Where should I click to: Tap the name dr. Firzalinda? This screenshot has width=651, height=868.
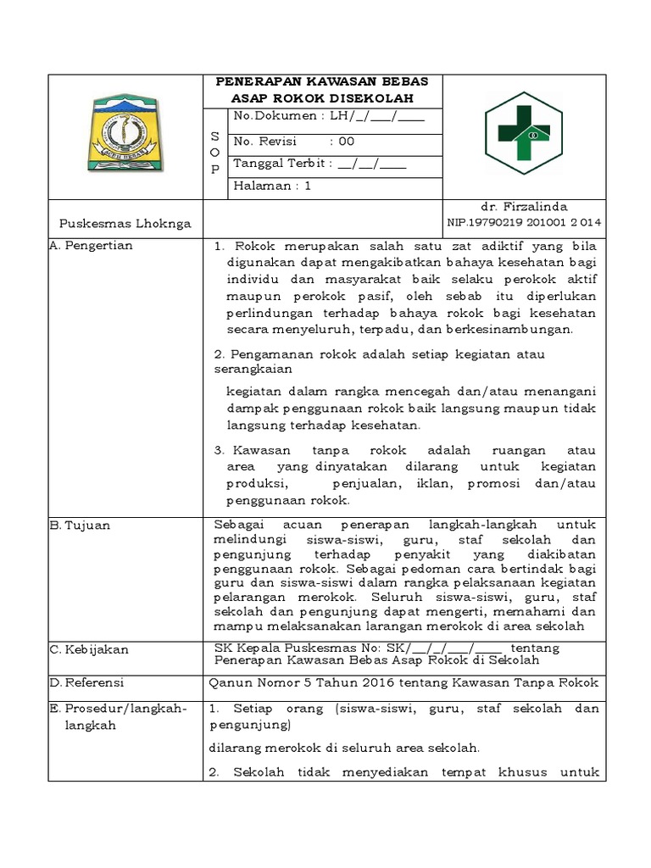click(x=523, y=207)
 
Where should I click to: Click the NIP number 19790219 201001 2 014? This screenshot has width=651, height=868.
click(x=524, y=222)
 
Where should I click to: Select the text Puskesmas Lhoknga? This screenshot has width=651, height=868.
click(x=125, y=224)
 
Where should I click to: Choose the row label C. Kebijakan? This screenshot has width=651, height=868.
click(x=89, y=649)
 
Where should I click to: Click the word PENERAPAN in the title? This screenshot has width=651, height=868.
click(x=259, y=81)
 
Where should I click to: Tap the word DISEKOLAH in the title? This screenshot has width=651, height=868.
click(x=378, y=98)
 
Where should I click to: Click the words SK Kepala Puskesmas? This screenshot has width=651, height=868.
click(x=273, y=648)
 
